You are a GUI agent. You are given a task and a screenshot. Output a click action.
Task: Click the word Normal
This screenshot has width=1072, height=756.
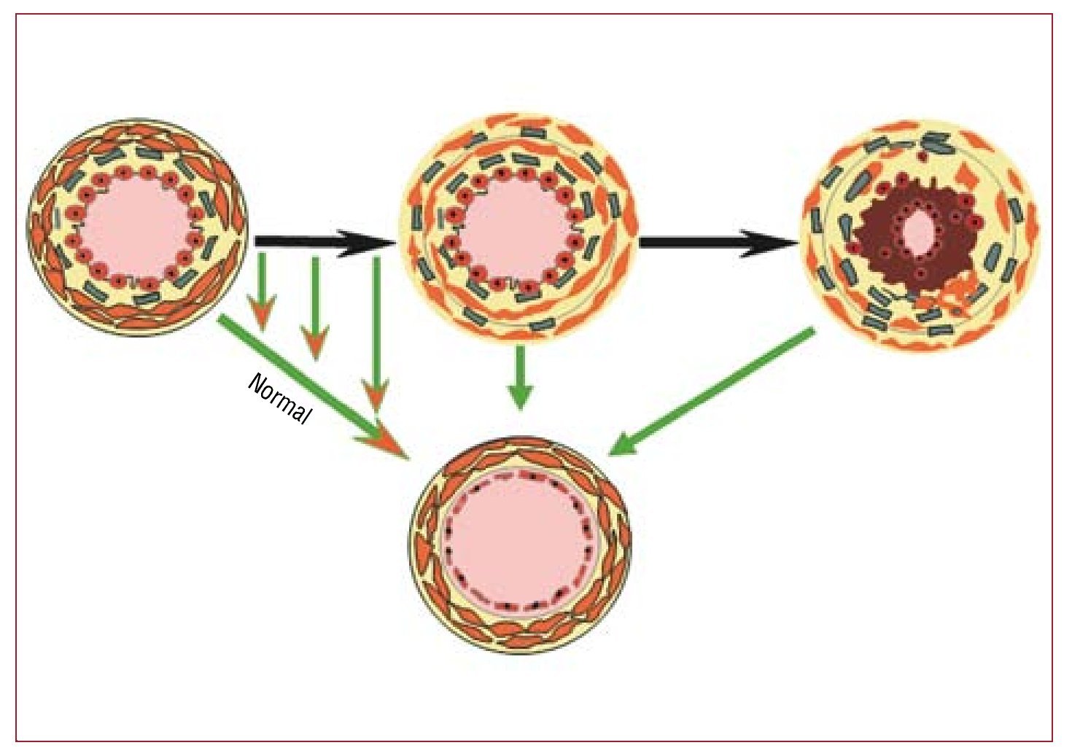pyautogui.click(x=280, y=399)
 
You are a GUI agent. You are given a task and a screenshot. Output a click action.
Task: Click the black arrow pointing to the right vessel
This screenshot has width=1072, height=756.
pyautogui.click(x=715, y=242)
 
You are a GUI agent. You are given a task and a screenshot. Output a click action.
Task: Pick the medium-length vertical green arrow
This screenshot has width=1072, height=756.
pyautogui.click(x=315, y=306)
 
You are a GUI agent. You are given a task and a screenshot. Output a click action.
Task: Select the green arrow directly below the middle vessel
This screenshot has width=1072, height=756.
pyautogui.click(x=519, y=375)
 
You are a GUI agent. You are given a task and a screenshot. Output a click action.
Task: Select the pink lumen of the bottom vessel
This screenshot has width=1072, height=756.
pyautogui.click(x=519, y=543)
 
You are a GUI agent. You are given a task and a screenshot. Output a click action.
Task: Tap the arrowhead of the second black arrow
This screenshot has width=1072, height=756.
pyautogui.click(x=769, y=243)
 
